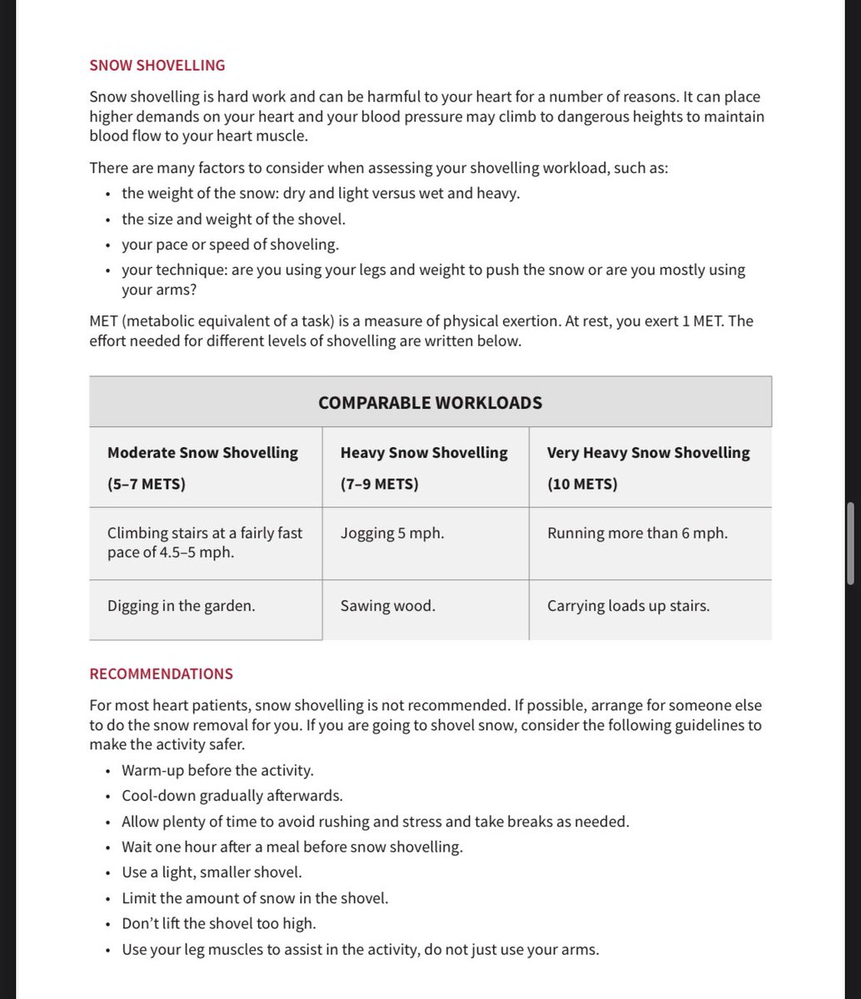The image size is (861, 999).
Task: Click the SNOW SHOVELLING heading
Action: (157, 65)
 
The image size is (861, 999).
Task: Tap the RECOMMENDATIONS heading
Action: (161, 673)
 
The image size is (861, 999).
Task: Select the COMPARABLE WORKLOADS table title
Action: (430, 403)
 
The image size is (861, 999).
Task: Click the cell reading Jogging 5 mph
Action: (392, 533)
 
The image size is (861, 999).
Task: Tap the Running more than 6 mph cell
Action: (637, 533)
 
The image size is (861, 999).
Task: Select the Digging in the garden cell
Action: (181, 605)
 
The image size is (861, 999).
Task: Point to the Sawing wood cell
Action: (387, 605)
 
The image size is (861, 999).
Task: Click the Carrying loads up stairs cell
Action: (628, 605)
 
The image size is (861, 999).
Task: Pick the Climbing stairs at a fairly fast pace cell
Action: (205, 542)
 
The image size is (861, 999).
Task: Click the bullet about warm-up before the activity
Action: (217, 770)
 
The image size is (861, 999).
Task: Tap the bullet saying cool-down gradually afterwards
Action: (231, 796)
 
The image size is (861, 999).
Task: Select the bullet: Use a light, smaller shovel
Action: (212, 872)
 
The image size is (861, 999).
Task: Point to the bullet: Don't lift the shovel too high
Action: (218, 923)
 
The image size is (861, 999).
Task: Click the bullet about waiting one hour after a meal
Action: (291, 847)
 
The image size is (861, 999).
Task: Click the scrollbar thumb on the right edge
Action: (850, 543)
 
